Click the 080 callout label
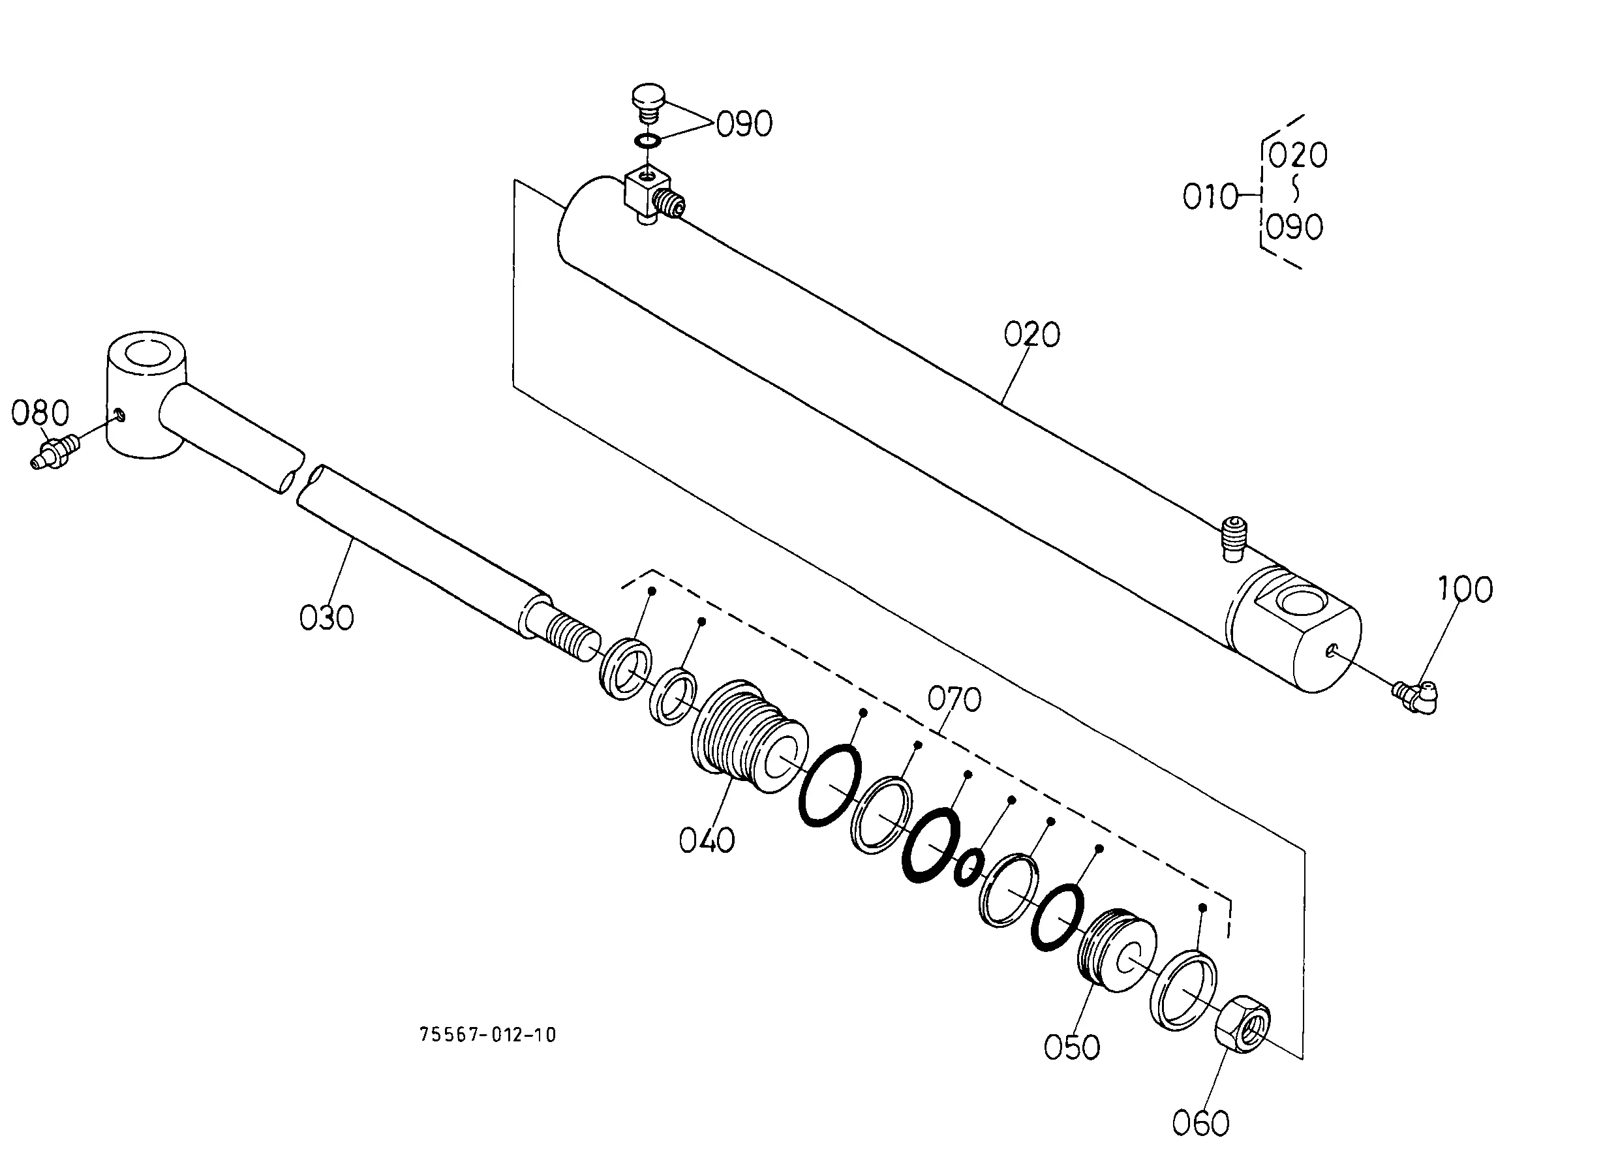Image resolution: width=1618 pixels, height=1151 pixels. (40, 413)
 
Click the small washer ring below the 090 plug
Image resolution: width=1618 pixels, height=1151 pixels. (647, 141)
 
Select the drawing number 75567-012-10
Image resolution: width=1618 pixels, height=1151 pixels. (487, 1036)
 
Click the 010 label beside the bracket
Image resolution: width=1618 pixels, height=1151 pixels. (1210, 196)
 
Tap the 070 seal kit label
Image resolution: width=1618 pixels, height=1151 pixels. (954, 699)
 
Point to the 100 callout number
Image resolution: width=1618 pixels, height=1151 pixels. (1465, 589)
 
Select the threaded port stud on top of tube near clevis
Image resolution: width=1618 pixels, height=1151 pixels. (1233, 537)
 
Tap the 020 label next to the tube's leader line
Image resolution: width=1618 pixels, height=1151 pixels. (1032, 335)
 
